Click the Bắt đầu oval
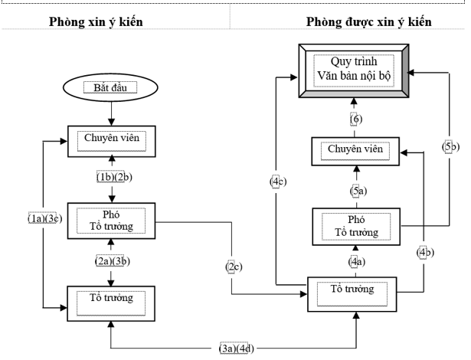click(x=112, y=87)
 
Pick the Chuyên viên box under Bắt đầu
click(x=112, y=139)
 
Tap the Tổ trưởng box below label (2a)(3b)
click(x=112, y=297)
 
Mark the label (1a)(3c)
click(x=44, y=218)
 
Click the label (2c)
click(x=233, y=267)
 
